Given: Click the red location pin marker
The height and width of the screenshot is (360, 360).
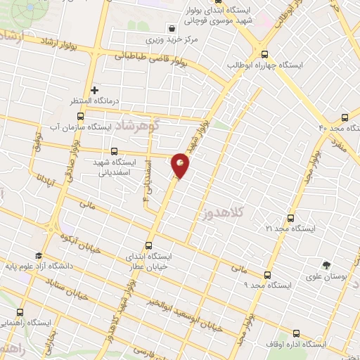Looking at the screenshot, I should click(x=181, y=165).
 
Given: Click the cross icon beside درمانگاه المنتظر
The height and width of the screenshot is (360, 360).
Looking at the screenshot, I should click(x=94, y=90).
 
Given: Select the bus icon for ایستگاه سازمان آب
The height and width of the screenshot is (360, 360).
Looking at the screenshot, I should click(x=79, y=116).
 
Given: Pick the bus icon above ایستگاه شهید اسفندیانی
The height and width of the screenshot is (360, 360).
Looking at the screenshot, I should click(x=115, y=150).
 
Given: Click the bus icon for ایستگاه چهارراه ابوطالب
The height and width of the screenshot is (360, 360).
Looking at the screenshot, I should click(x=264, y=53).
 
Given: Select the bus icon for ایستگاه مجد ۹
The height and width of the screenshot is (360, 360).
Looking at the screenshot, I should click(x=266, y=275).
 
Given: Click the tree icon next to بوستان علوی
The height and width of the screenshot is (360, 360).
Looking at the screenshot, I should click(x=326, y=264).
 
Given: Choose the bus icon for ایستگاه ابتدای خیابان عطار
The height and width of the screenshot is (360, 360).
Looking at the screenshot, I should click(x=148, y=246).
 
